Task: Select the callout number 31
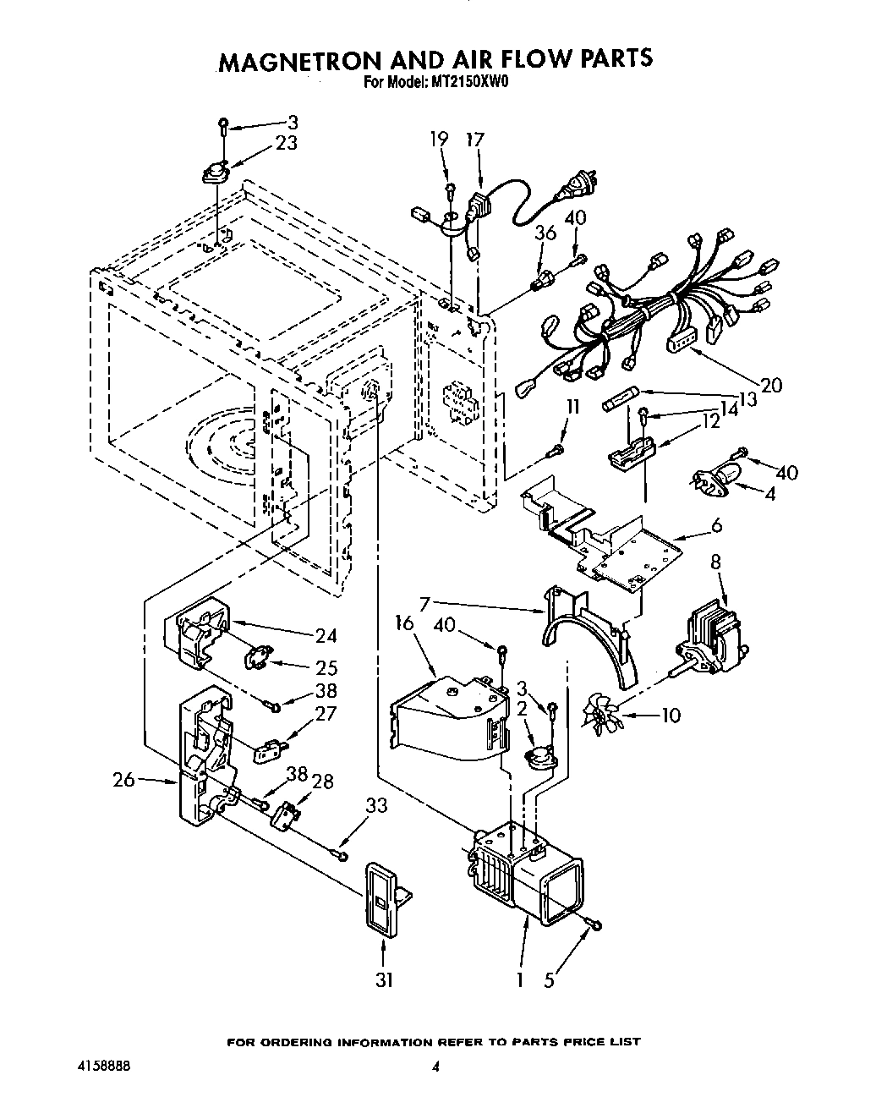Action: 384,979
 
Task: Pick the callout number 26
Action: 124,779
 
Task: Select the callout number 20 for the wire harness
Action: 770,385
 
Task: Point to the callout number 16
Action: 403,623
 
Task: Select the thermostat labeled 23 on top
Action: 217,173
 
